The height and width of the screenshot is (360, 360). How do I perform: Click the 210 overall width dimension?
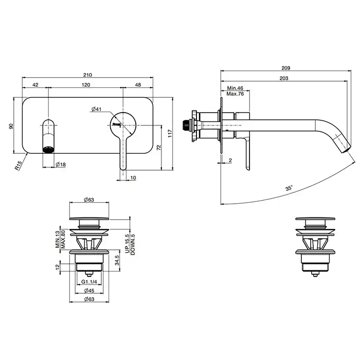coord(87,75)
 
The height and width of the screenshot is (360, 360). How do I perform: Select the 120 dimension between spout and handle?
coord(86,85)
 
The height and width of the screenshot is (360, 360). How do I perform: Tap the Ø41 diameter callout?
coord(96,109)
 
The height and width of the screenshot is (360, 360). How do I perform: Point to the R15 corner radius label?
coord(19,166)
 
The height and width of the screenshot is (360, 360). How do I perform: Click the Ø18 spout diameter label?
coord(61,165)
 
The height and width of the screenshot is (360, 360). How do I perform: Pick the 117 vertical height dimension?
coord(170,134)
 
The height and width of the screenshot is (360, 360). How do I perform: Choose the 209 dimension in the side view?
coord(286,68)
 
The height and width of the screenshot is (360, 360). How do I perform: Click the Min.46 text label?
coord(235,88)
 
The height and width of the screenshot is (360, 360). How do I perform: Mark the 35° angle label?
coord(289,188)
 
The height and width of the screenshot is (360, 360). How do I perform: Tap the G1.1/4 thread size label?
coord(89,282)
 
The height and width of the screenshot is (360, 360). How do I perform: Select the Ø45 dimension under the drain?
coord(89,291)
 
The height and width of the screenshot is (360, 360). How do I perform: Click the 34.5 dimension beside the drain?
coord(117,260)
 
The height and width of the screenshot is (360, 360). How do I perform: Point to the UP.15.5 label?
coord(128,244)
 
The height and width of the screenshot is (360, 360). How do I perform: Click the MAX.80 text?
coord(63,239)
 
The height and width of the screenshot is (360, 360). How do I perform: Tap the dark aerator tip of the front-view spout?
coord(48,150)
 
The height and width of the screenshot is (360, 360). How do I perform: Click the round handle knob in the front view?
coord(123,125)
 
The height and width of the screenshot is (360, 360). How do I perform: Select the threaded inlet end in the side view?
coord(186,125)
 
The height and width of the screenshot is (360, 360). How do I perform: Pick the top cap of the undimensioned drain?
coord(315,219)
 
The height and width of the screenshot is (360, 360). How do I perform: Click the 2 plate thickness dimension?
coord(230,160)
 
